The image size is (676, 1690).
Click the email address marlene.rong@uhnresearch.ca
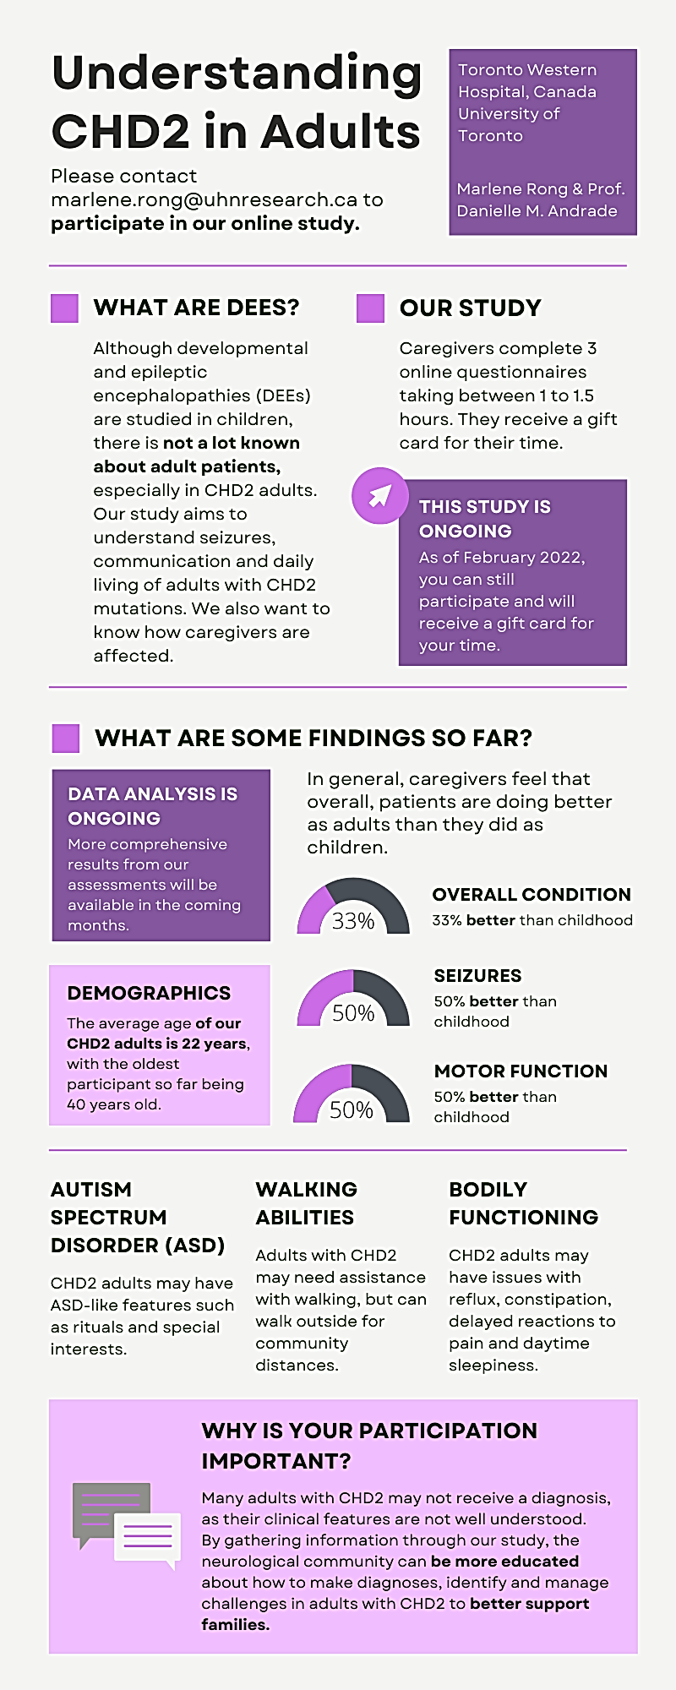click(x=204, y=200)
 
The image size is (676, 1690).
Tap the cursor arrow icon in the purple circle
click(x=379, y=495)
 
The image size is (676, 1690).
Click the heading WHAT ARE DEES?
click(x=196, y=308)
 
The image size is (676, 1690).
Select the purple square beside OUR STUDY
click(x=370, y=308)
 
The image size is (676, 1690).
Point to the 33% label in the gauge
click(x=353, y=921)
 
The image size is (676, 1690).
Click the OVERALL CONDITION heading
click(x=532, y=894)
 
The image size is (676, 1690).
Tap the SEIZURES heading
click(x=477, y=975)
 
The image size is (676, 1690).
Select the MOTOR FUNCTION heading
click(x=521, y=1071)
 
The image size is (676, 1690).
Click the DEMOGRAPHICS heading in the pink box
click(x=149, y=993)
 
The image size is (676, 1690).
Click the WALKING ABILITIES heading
click(x=306, y=1203)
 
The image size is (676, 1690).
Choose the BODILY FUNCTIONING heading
click(x=523, y=1203)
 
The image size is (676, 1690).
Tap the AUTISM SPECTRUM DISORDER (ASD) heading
click(x=137, y=1217)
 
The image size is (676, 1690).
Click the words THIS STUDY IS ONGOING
click(x=484, y=519)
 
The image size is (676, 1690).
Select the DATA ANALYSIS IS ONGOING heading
click(x=152, y=805)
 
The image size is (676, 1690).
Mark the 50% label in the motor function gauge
click(x=352, y=1109)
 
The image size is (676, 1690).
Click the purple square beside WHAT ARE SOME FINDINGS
click(x=65, y=739)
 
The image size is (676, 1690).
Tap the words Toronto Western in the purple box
click(x=526, y=70)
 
